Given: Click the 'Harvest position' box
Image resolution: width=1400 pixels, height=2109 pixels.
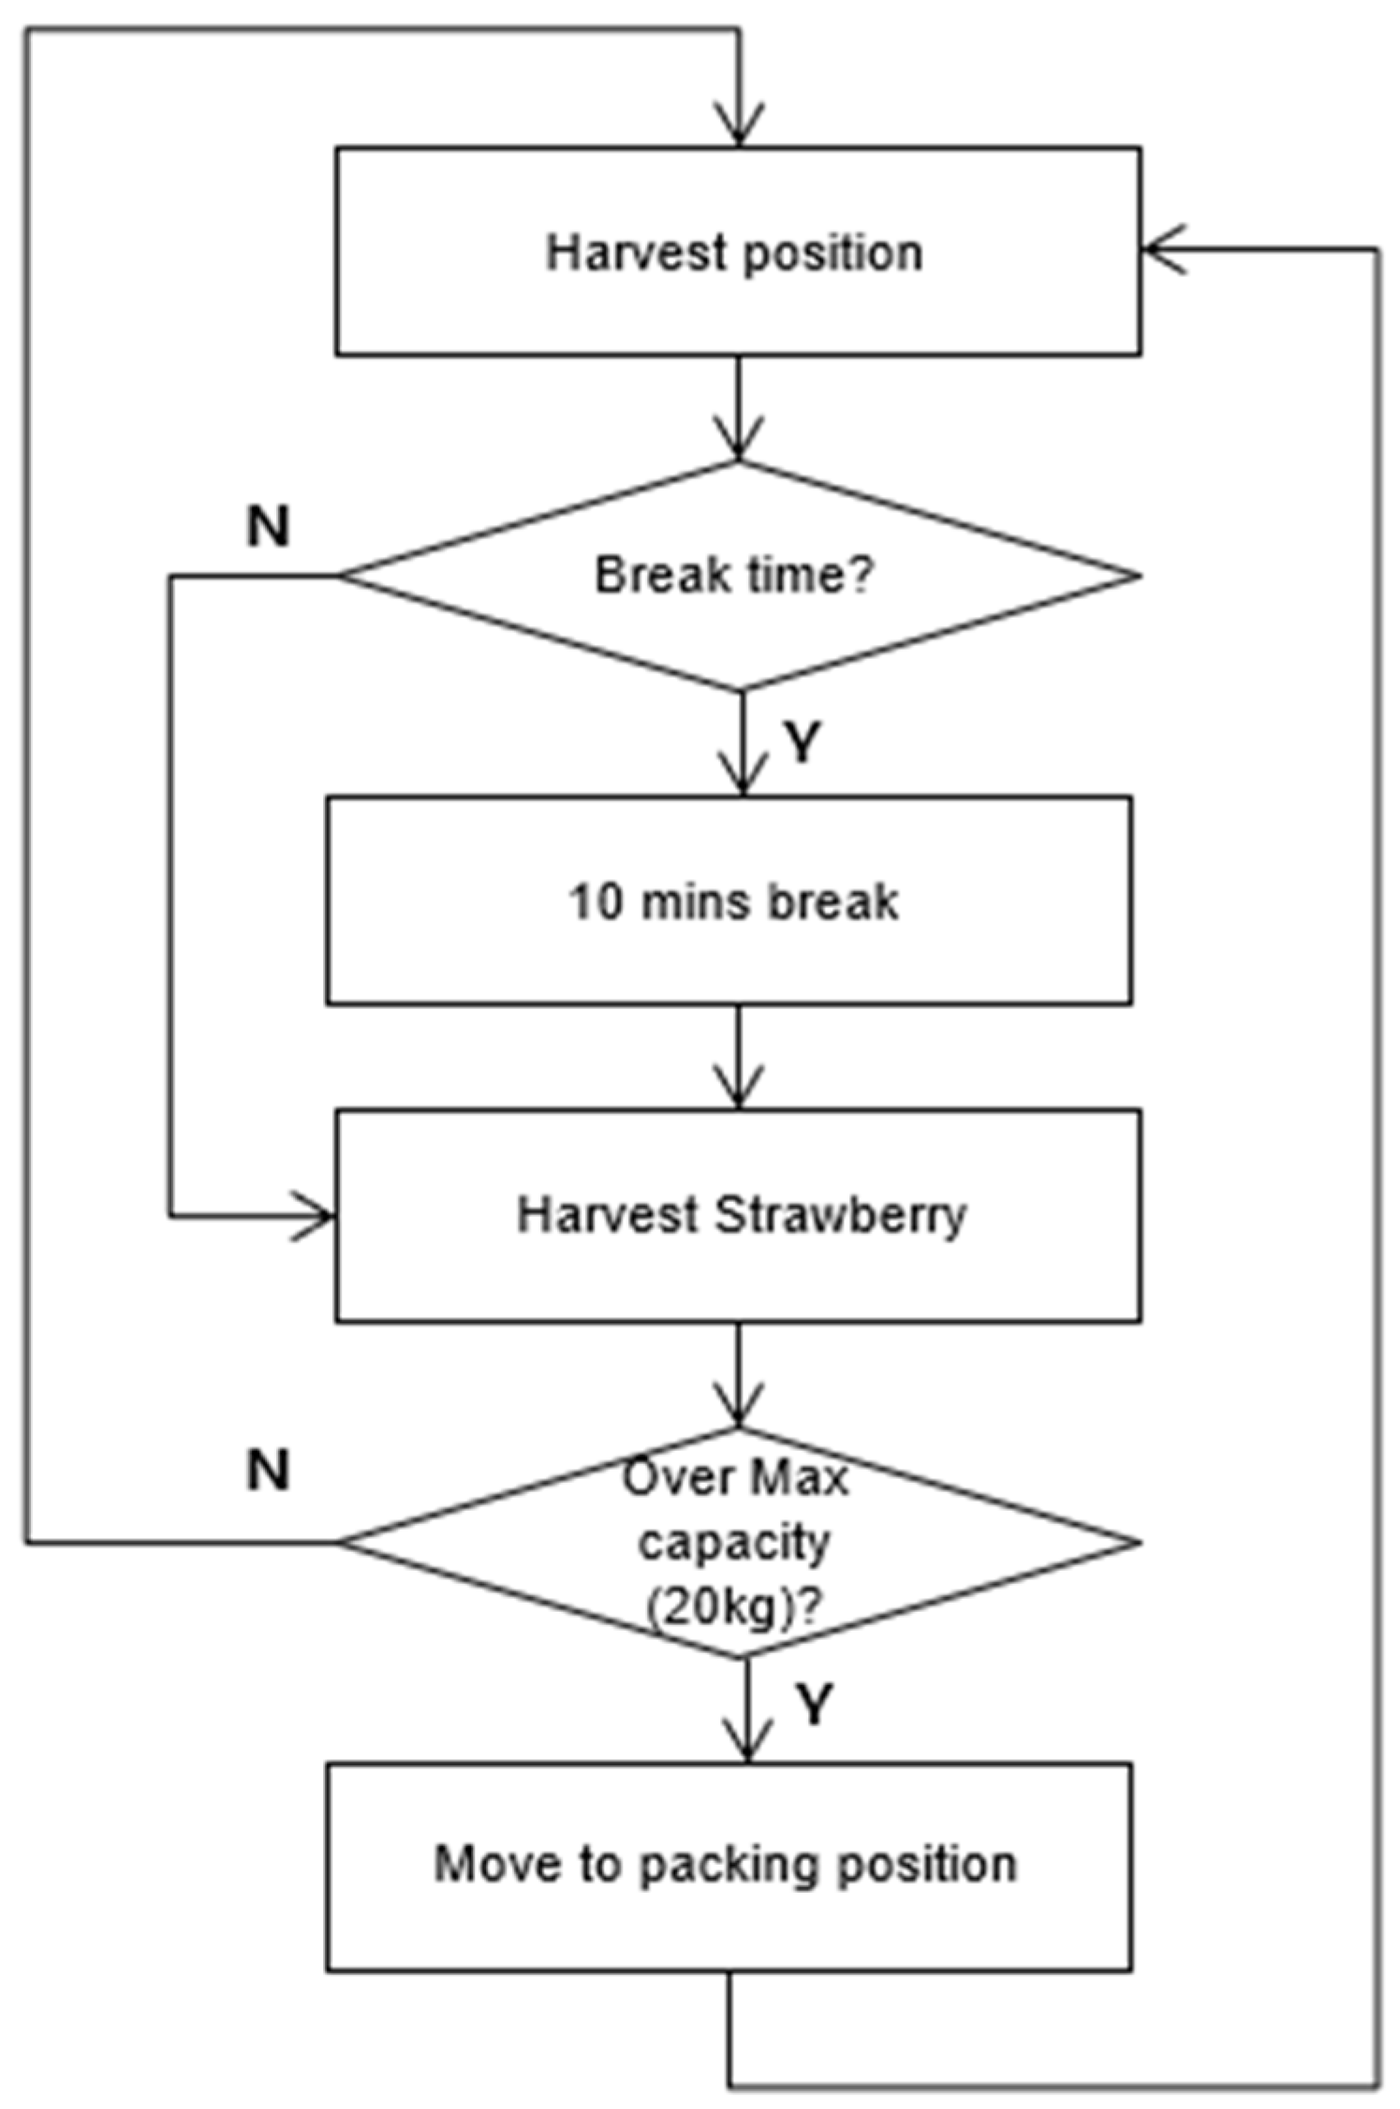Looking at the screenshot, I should pyautogui.click(x=737, y=251).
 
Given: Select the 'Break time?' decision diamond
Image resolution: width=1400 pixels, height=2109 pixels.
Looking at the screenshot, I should pyautogui.click(x=737, y=576).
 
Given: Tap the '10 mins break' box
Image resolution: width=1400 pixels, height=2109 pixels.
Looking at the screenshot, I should pyautogui.click(x=729, y=901).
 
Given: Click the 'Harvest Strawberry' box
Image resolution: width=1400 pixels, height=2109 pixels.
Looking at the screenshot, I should pyautogui.click(x=737, y=1215).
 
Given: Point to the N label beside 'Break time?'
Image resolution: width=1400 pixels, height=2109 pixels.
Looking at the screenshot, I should pyautogui.click(x=268, y=527).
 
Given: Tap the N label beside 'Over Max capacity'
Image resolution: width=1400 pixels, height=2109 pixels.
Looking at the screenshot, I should pyautogui.click(x=268, y=1471).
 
